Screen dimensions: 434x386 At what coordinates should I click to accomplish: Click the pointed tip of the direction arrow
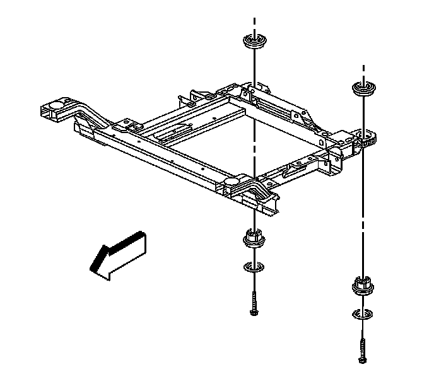[92, 268]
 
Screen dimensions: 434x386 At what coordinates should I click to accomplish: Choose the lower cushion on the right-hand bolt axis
[361, 286]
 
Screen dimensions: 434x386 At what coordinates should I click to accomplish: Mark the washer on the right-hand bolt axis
[361, 314]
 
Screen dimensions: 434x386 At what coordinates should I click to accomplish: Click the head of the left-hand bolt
[254, 311]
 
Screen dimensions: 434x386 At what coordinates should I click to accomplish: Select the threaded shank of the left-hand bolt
[254, 299]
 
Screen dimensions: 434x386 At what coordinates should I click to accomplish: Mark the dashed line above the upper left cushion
[254, 26]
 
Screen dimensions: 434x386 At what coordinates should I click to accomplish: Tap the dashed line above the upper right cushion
[363, 71]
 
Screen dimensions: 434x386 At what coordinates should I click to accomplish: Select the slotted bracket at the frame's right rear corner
[364, 137]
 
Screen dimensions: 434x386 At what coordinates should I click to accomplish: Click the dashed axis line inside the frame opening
[254, 142]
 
